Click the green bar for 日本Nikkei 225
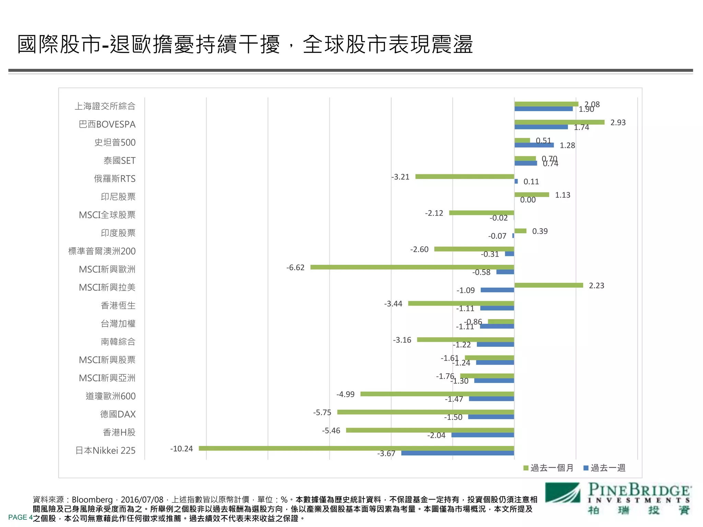click(356, 448)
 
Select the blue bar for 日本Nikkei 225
click(458, 453)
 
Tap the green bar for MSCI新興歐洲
click(412, 267)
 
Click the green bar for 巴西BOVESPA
click(559, 122)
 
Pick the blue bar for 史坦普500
click(534, 145)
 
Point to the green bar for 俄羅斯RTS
click(464, 176)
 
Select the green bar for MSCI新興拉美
click(549, 285)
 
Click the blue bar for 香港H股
click(483, 435)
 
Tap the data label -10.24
click(182, 449)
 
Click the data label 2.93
click(618, 122)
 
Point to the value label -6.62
click(295, 268)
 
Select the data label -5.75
click(322, 412)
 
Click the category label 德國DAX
click(118, 414)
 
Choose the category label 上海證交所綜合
click(105, 106)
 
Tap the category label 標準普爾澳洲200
click(102, 251)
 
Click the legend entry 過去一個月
click(548, 468)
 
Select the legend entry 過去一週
click(604, 468)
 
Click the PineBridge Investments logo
click(618, 499)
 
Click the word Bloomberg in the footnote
click(92, 500)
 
